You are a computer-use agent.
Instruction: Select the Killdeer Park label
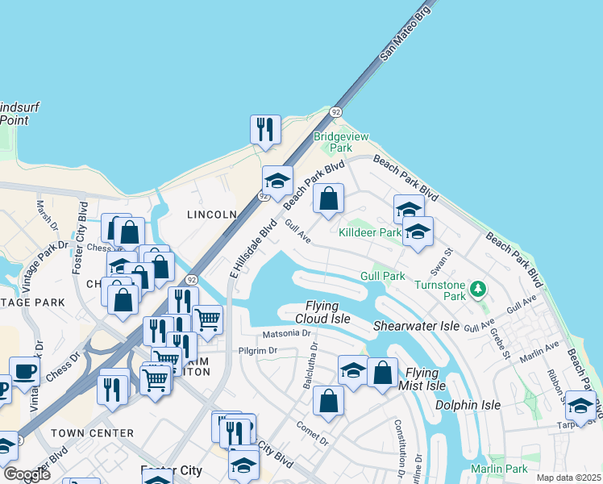point(370,232)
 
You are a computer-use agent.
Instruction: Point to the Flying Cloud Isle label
point(327,312)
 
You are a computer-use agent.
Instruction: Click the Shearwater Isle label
point(416,326)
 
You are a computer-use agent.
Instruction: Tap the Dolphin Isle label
point(468,405)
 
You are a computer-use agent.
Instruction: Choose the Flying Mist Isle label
point(425,379)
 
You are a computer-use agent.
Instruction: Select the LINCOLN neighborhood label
point(211,215)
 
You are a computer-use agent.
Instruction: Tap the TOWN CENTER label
point(92,433)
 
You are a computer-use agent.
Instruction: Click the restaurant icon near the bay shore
point(265,129)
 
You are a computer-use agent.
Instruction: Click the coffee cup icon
point(24,372)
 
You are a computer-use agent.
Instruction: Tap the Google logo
point(27,474)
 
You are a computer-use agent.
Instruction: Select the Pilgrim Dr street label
point(258,351)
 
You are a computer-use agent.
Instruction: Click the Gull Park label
point(383,276)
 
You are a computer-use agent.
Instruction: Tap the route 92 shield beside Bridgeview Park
point(335,112)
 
